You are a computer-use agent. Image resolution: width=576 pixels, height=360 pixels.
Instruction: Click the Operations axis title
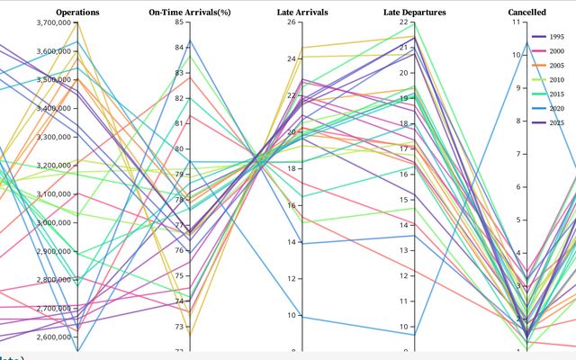[x=77, y=12]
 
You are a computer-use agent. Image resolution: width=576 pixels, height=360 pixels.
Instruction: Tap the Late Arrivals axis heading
[x=302, y=12]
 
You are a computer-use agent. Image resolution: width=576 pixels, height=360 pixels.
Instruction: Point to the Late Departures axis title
[x=415, y=12]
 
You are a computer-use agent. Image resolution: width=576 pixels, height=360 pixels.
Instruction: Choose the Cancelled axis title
[x=526, y=12]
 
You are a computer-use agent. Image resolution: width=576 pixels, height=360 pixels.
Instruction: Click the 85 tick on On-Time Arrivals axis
[x=178, y=22]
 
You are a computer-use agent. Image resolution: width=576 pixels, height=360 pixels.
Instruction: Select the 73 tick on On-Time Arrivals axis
[x=178, y=327]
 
